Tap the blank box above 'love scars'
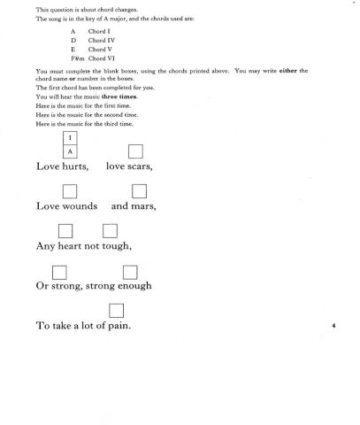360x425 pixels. coord(135,151)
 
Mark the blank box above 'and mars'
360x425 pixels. coord(139,191)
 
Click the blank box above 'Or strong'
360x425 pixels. coord(61,271)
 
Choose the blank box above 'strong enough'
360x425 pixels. coord(130,271)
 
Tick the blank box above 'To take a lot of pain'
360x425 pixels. coord(115,310)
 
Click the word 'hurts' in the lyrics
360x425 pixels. coord(73,166)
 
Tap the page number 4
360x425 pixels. coord(333,326)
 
